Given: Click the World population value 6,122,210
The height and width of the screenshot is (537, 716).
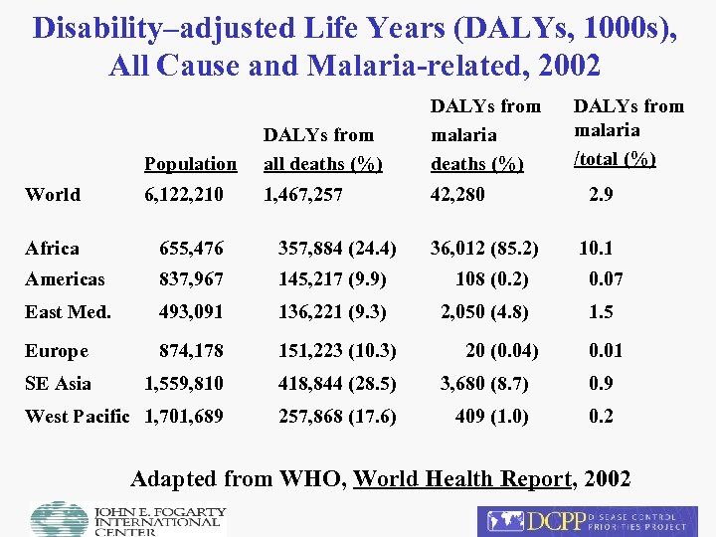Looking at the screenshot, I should (184, 195).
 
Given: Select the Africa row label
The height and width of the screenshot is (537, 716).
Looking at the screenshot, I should (52, 249).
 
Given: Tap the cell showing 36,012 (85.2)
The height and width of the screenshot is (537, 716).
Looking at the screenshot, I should (484, 249).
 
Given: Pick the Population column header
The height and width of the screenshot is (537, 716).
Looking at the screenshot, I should (190, 164).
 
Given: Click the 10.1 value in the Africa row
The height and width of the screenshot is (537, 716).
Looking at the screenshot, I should (596, 249).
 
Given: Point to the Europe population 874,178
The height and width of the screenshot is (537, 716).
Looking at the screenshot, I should (192, 351).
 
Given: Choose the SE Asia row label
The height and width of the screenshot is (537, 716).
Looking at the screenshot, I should (58, 384).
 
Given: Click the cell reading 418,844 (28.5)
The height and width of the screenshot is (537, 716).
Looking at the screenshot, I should (337, 384).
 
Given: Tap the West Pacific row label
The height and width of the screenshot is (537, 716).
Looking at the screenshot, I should (78, 417).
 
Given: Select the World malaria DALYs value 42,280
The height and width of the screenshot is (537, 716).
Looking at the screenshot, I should (457, 195).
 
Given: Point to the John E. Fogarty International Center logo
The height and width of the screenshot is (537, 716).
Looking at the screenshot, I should (128, 519).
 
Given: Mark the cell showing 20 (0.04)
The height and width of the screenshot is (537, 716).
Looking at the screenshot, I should (500, 351).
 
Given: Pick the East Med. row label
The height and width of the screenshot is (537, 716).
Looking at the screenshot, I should (68, 312).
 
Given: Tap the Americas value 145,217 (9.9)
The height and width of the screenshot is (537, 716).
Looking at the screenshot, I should (333, 280).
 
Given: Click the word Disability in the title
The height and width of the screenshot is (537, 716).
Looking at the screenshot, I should (94, 27).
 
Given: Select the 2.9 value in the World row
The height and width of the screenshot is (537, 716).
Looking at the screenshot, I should (601, 195).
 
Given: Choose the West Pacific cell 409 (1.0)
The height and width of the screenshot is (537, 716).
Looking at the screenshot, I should (492, 417).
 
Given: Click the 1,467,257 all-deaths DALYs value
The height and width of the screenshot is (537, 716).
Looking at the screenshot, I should (302, 195).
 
